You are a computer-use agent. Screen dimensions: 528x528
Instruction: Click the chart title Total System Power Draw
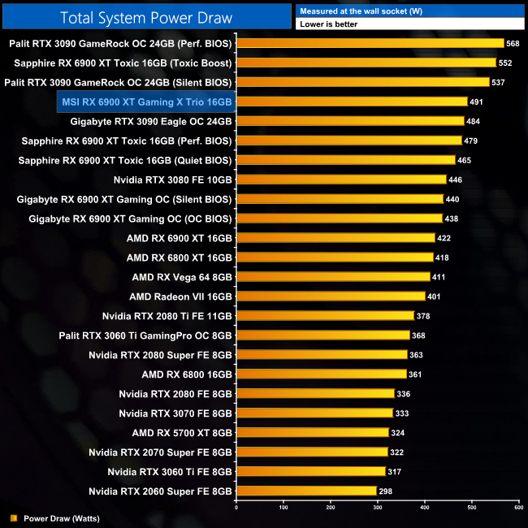coord(146,18)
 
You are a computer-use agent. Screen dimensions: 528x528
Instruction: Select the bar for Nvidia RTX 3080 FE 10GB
coord(341,180)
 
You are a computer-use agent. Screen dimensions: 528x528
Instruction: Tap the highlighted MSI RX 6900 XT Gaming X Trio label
coord(147,102)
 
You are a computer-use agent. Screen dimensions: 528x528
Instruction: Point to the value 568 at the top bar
coord(513,43)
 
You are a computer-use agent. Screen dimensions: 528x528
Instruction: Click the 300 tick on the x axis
coord(377,508)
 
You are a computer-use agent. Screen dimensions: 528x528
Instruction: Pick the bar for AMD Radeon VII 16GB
coord(331,296)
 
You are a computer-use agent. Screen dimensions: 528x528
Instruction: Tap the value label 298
coord(388,491)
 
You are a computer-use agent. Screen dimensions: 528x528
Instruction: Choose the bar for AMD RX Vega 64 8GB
coord(333,277)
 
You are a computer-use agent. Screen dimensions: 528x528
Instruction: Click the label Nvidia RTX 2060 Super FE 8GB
coord(161,491)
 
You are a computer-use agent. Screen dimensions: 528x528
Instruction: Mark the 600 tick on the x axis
coord(518,508)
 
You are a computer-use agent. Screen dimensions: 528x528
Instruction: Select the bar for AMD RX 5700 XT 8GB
coord(312,433)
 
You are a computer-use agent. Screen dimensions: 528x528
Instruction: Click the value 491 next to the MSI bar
coord(476,102)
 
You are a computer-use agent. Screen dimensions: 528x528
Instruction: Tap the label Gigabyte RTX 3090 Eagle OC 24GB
coord(151,121)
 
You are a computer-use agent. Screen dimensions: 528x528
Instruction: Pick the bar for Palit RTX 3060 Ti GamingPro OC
coord(322,335)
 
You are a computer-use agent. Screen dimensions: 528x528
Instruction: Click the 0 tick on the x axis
coord(236,508)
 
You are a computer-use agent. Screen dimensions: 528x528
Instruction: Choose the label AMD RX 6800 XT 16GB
coord(180,258)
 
